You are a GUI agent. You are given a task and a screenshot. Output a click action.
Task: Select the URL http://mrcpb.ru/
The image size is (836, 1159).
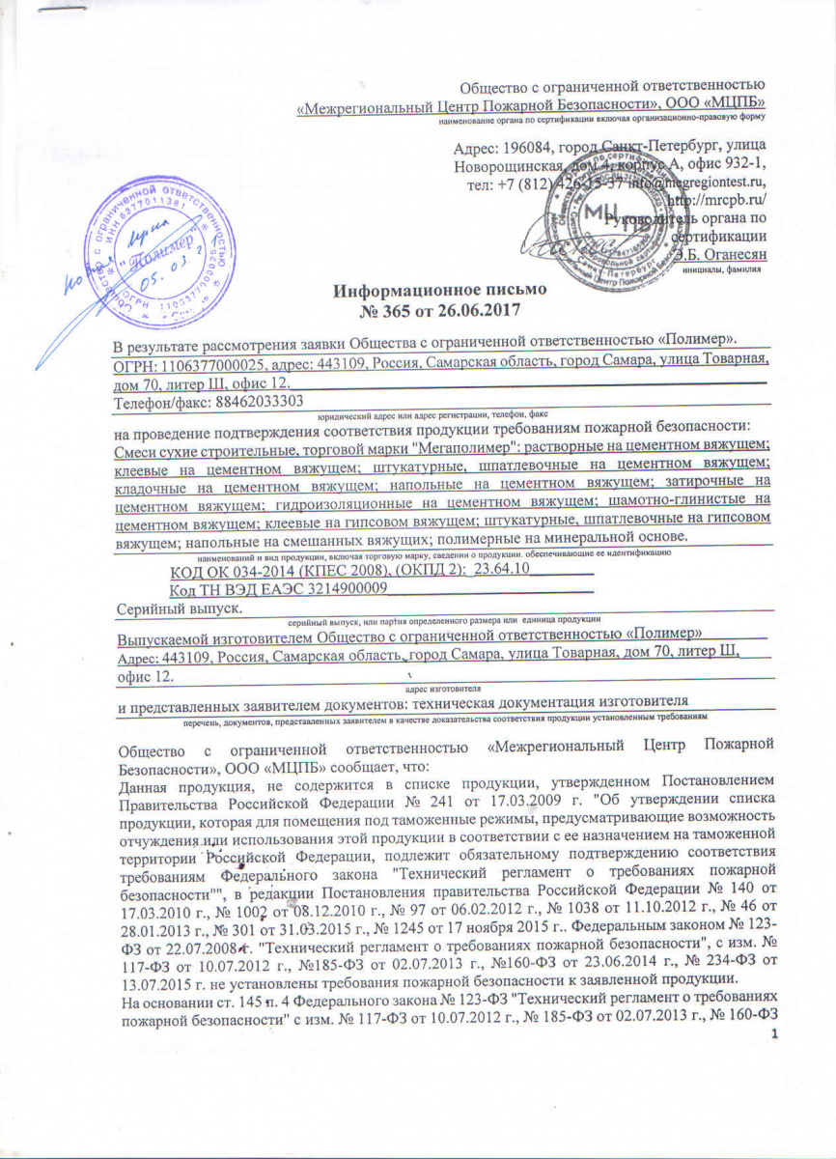(x=717, y=199)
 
